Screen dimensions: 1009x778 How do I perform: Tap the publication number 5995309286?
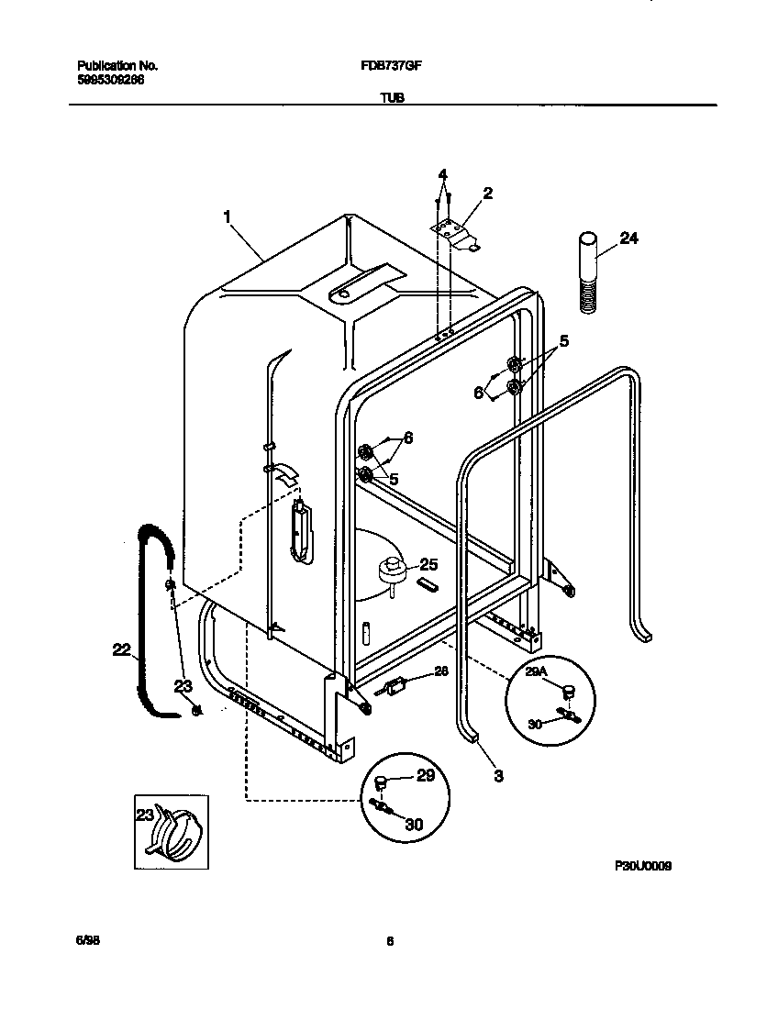[111, 80]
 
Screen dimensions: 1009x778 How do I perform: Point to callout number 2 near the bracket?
[487, 193]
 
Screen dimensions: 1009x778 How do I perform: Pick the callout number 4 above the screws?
[442, 174]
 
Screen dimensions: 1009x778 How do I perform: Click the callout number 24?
[628, 238]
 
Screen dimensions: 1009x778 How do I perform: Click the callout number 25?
[429, 564]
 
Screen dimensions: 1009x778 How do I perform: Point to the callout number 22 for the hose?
[121, 649]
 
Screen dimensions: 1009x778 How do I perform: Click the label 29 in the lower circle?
[425, 776]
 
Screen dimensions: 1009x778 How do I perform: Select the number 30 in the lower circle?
[414, 824]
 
